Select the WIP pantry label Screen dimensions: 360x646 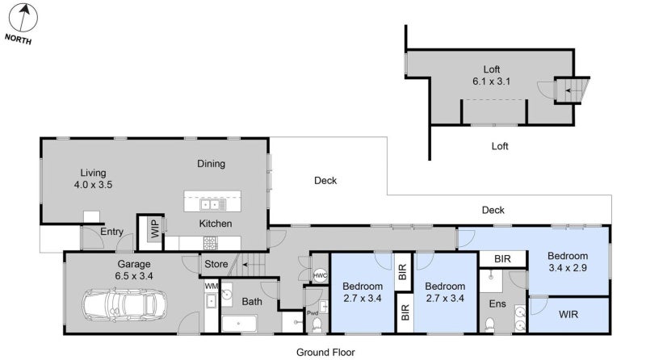153,229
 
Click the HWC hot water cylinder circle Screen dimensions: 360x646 320,275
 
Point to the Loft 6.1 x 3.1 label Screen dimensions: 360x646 492,74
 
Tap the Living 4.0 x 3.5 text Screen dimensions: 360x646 93,178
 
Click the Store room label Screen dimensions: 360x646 216,263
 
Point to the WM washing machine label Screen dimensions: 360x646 211,286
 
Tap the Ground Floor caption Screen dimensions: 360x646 324,352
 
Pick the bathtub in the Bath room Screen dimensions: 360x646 238,324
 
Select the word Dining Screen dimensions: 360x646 212,164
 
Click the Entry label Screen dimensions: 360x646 111,232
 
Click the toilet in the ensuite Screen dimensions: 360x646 489,324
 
